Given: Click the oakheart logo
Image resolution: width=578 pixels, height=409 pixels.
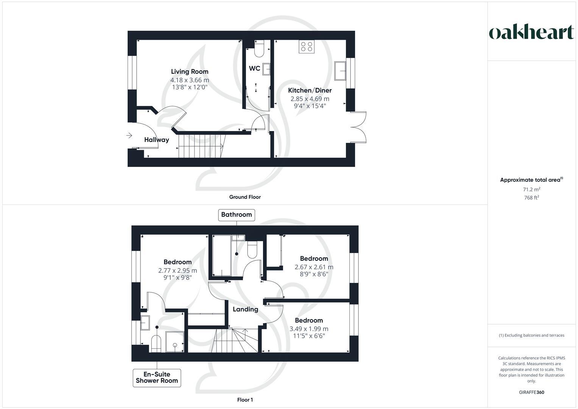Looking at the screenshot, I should [531, 32].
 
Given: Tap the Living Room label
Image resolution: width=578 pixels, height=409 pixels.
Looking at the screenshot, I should [190, 72].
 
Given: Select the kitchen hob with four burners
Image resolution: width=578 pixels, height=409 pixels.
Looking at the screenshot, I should [307, 47].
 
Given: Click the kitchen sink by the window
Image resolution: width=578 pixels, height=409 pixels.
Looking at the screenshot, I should [341, 70].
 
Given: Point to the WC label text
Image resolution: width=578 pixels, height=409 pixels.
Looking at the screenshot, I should [254, 69].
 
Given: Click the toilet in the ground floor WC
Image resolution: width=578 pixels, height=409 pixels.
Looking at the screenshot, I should [259, 49].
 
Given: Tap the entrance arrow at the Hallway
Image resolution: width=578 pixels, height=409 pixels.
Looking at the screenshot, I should [129, 135].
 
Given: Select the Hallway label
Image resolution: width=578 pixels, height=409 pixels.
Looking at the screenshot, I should [156, 140].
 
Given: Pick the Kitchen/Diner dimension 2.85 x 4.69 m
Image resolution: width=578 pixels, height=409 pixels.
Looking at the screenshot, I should [310, 99].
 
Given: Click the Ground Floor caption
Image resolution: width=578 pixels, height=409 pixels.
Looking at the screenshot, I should [245, 197].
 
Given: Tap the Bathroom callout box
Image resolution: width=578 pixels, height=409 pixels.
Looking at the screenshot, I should [237, 215].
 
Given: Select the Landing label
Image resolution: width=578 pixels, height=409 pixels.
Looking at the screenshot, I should [245, 309].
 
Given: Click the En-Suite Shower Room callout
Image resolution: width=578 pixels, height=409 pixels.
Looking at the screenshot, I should [157, 378].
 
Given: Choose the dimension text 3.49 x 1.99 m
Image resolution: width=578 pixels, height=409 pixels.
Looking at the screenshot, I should [309, 329].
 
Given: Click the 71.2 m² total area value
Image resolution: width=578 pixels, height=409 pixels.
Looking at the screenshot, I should [531, 189].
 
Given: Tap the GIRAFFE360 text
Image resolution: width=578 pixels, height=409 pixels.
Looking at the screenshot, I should [531, 392].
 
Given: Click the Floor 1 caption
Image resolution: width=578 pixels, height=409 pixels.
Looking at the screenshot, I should [245, 400].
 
